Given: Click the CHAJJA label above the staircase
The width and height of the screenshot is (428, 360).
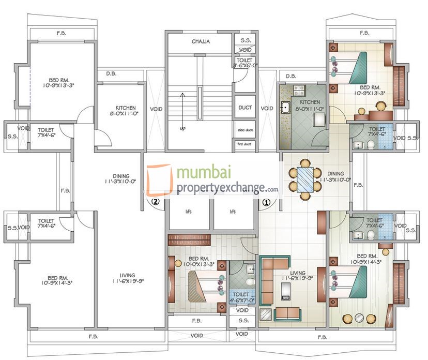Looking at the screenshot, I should [201, 41].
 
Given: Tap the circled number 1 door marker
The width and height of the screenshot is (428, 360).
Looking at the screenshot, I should [267, 203].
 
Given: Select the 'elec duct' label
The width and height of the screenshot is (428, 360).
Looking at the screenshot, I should [244, 129].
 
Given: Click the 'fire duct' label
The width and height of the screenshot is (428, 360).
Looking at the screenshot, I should [244, 144].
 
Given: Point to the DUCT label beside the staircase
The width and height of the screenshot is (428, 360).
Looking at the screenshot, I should [244, 108].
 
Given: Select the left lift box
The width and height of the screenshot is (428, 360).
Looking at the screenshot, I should [189, 212].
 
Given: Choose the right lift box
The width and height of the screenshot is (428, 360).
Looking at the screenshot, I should [233, 212].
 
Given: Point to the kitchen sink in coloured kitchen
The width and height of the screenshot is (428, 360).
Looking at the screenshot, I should [285, 108].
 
